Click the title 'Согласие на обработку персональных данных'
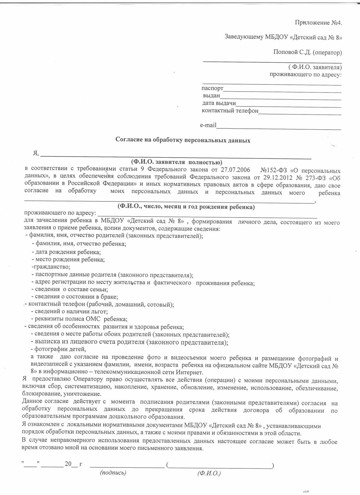[x=183, y=140]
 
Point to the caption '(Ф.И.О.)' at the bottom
[x=209, y=473]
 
